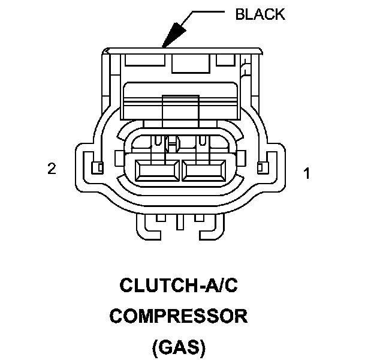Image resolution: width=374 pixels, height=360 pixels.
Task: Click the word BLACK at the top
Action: [259, 14]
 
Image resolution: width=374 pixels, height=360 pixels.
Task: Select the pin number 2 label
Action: [52, 169]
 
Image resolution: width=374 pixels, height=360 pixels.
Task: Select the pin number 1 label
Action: [306, 174]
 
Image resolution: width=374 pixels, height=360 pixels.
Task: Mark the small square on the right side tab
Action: [261, 166]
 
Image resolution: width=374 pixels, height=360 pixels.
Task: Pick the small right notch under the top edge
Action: [225, 59]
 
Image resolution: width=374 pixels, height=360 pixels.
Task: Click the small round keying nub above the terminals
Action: [173, 143]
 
